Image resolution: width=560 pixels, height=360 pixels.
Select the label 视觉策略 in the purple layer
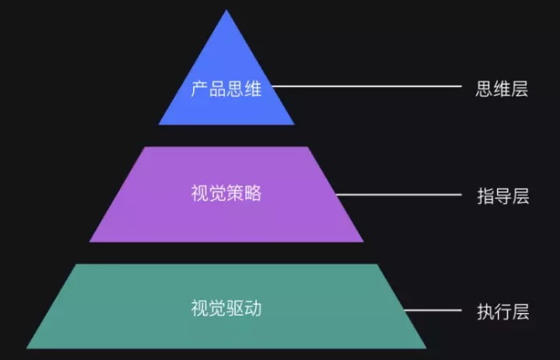227,193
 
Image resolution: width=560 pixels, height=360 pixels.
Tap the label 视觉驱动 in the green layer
227,308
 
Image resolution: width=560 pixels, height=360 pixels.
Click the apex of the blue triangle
227,12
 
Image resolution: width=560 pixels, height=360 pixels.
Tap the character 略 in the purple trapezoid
254,193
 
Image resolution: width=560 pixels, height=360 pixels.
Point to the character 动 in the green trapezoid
254,308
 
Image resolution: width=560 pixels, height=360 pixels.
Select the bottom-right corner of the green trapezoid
425,347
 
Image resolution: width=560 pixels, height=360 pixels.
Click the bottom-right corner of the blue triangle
294,123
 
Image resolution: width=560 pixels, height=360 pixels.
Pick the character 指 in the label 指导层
484,196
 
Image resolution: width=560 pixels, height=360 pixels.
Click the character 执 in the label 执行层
484,311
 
